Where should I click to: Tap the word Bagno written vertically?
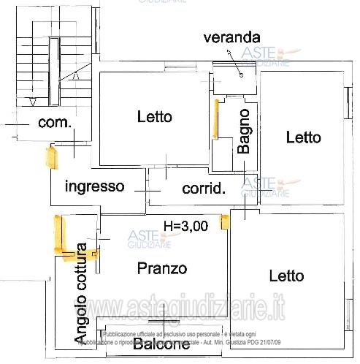[244, 131]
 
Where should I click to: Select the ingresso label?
[94, 186]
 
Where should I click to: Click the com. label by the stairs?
[54, 122]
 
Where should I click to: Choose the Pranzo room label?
[162, 268]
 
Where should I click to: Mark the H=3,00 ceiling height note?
[185, 226]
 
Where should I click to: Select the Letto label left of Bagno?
[154, 116]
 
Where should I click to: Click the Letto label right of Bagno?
[303, 137]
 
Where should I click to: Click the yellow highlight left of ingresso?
[50, 157]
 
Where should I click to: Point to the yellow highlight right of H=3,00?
[225, 219]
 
